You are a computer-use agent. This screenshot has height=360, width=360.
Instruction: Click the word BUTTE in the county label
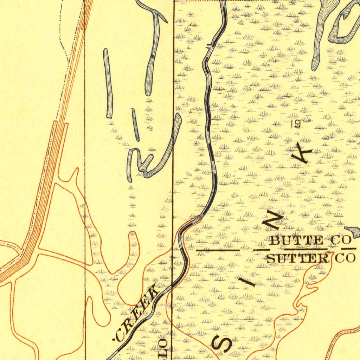pos(296,241)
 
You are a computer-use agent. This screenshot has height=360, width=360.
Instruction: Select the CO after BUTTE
pos(341,241)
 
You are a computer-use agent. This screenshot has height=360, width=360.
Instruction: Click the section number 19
pos(296,123)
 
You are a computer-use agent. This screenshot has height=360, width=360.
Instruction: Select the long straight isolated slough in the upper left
pos(108,83)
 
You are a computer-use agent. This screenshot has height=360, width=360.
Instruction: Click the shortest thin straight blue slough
pos(135,124)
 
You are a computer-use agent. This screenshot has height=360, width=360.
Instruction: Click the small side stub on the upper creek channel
pos(209,46)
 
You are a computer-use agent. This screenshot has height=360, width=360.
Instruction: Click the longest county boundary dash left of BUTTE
pos(218,250)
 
